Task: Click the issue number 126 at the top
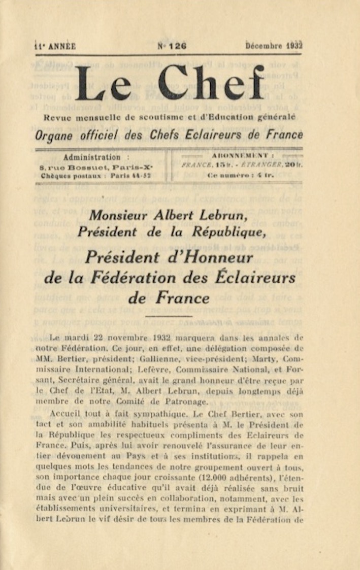coord(178,46)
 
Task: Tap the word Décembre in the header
coord(264,46)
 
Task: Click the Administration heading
coord(92,157)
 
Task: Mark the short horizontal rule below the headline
coord(169,316)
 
